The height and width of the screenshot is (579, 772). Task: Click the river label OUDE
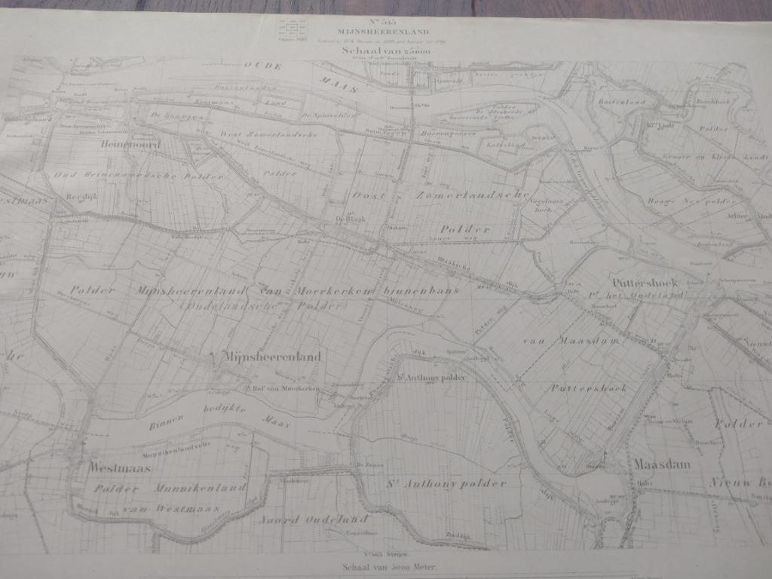point(262,67)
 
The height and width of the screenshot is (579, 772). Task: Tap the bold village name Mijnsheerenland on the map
point(271,357)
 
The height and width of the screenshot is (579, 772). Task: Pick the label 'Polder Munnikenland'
point(170,489)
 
